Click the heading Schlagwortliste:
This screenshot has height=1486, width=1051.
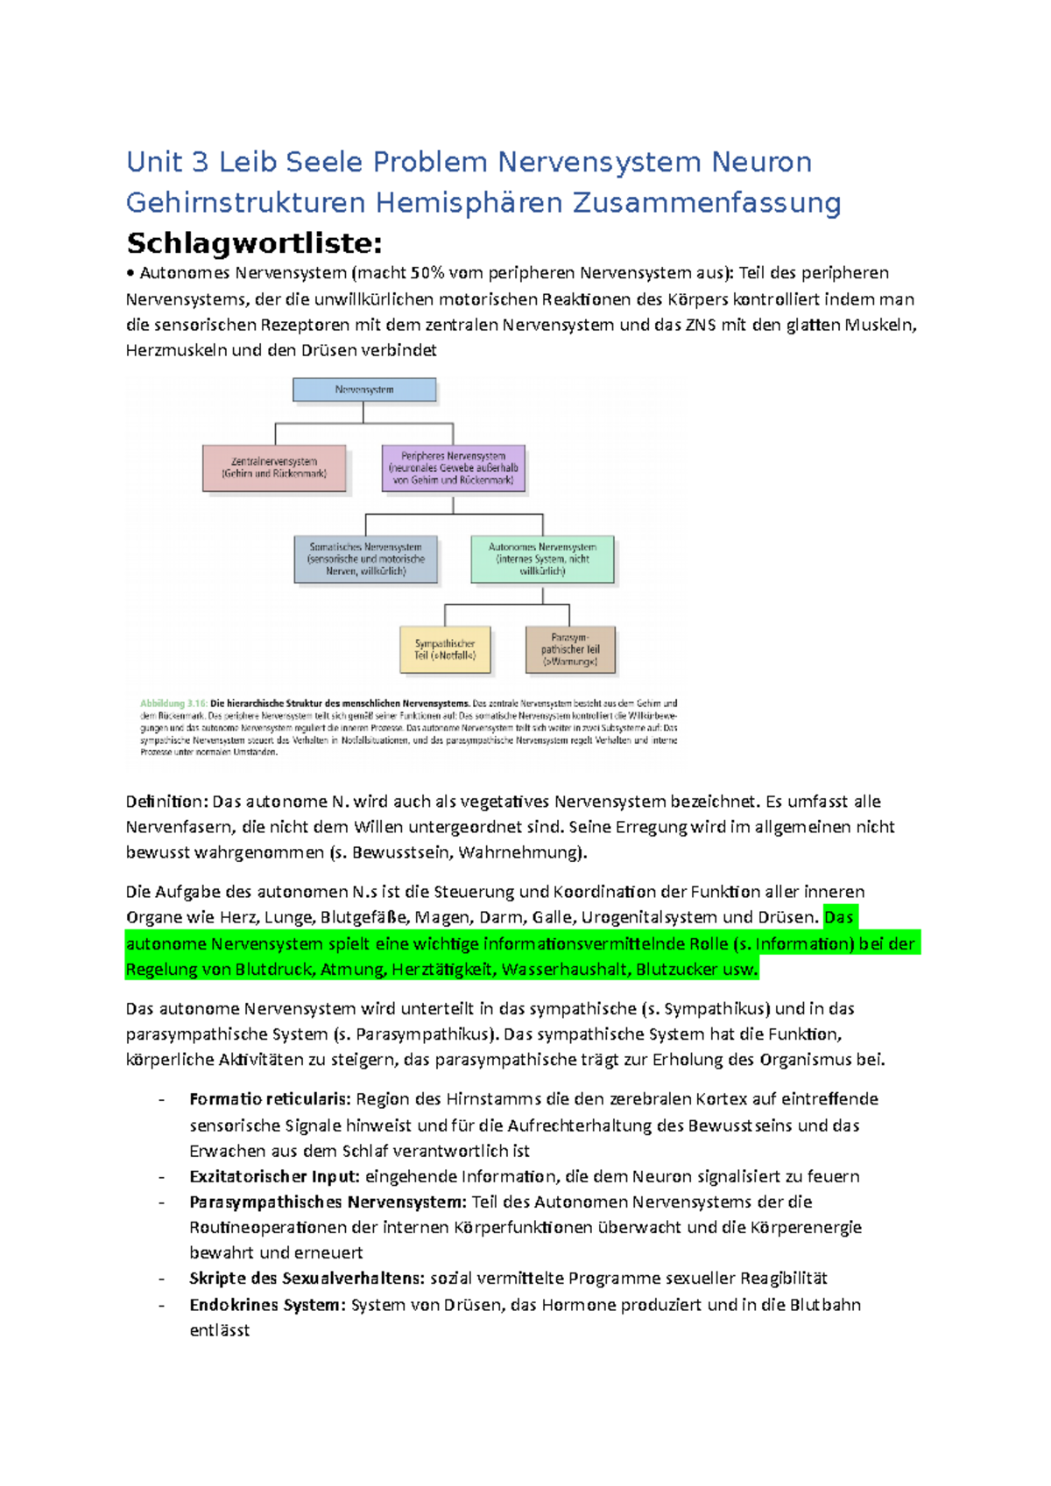pyautogui.click(x=254, y=242)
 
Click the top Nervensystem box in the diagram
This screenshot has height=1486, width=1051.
pyautogui.click(x=364, y=390)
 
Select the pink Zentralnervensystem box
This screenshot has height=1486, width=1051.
pyautogui.click(x=274, y=468)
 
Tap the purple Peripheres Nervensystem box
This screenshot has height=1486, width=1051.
pyautogui.click(x=453, y=468)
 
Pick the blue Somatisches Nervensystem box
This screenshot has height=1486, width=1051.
pyautogui.click(x=365, y=559)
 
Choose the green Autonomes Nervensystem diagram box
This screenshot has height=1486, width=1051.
pyautogui.click(x=542, y=559)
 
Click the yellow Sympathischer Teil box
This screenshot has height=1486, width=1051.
pyautogui.click(x=445, y=649)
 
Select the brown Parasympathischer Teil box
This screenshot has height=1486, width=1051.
pyautogui.click(x=570, y=649)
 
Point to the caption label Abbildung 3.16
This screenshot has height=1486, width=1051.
pyautogui.click(x=173, y=703)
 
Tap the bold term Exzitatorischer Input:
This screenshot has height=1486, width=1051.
pyautogui.click(x=274, y=1176)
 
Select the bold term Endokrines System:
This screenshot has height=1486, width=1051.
pyautogui.click(x=268, y=1305)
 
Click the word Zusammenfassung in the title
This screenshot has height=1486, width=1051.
pyautogui.click(x=707, y=203)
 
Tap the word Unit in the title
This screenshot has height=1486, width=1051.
pyautogui.click(x=154, y=162)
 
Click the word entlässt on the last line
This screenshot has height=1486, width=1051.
pyautogui.click(x=219, y=1330)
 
